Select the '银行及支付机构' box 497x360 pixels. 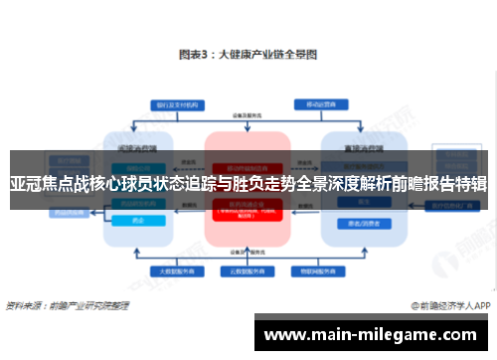tap(172, 104)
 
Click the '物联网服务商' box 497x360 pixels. tap(325, 270)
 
